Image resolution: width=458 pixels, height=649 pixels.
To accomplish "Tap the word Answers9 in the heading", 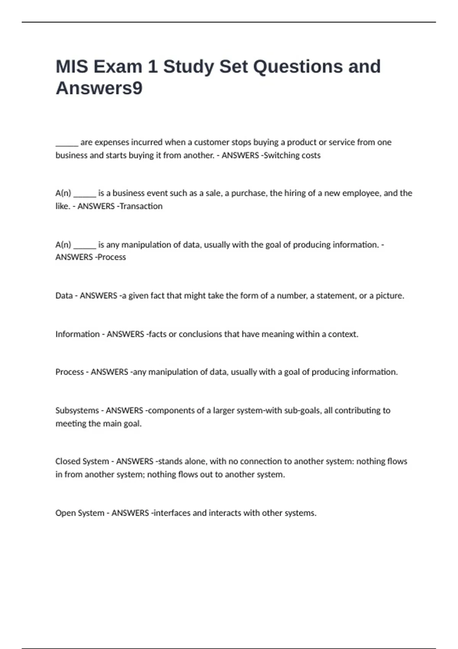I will [99, 88].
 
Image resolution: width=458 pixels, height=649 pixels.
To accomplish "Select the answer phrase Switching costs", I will [292, 155].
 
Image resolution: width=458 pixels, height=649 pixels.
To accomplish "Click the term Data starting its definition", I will [64, 295].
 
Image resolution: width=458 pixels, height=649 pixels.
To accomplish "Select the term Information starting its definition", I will [77, 334].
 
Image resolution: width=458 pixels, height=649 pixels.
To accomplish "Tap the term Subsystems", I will [77, 410].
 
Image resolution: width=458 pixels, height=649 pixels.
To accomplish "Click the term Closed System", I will [82, 461].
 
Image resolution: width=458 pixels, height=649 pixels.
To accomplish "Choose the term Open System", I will [80, 513].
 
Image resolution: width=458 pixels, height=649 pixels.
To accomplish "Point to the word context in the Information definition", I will [343, 334].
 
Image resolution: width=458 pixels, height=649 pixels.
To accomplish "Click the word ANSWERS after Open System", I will [130, 513].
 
